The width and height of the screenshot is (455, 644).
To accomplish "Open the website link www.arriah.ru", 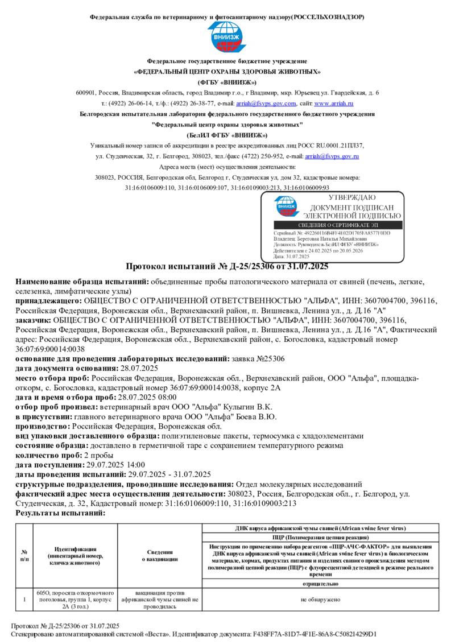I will pos(334,104).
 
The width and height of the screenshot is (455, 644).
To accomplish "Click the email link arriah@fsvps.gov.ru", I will pos(332,155).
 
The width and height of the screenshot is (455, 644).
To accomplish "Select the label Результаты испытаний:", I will pos(60,513).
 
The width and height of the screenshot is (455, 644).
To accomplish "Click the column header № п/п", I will pos(24,556).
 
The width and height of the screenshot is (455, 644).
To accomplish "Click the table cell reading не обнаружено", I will pos(317,600).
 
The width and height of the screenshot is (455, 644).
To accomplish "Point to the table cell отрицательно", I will pos(317,584).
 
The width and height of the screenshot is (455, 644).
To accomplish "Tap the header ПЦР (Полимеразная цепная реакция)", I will pos(317,537).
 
